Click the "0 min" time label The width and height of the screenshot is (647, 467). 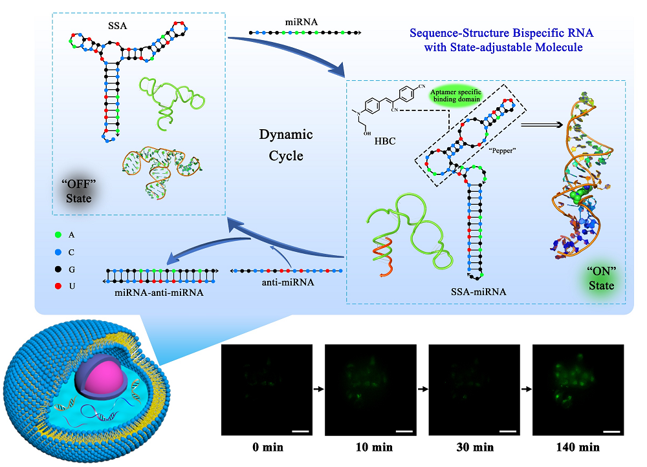(x=267, y=446)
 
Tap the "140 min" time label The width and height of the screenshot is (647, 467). (x=578, y=446)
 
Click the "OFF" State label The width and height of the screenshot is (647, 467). (x=80, y=191)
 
